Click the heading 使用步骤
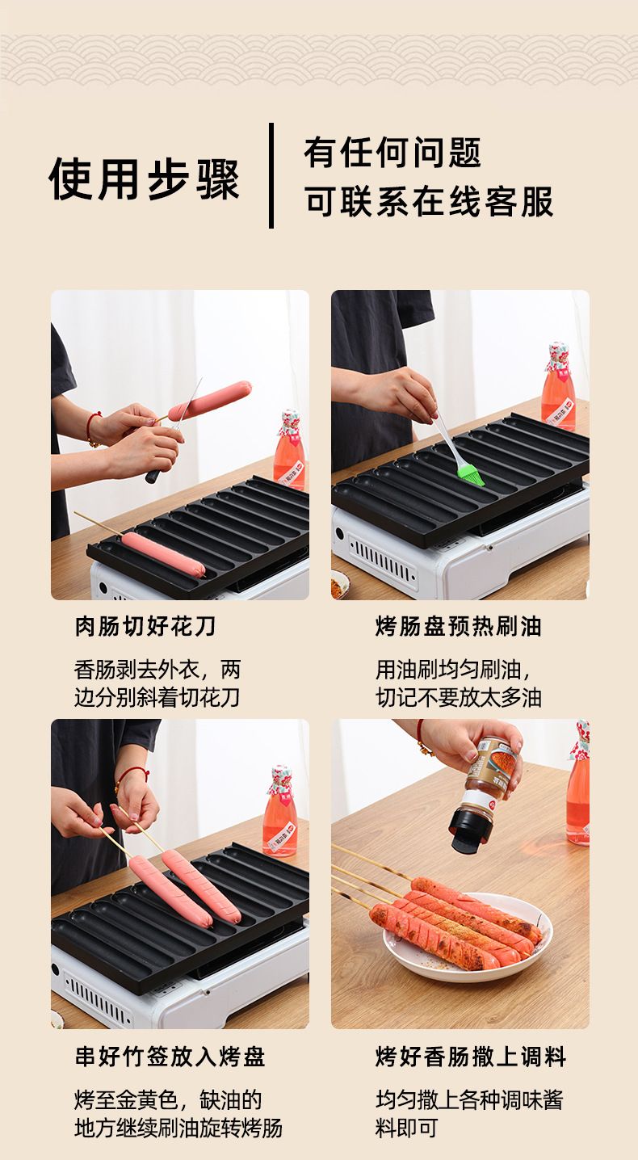tap(144, 179)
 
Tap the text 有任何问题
tap(392, 153)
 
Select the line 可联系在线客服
tap(429, 201)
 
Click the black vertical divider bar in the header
tap(271, 175)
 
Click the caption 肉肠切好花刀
tap(145, 627)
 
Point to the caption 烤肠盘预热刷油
tap(458, 627)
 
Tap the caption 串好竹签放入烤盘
tap(170, 1057)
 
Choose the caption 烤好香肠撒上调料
tap(471, 1057)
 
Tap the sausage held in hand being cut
tap(210, 401)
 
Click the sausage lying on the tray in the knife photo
tap(163, 555)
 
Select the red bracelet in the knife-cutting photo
tap(92, 429)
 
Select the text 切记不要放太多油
tap(459, 697)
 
